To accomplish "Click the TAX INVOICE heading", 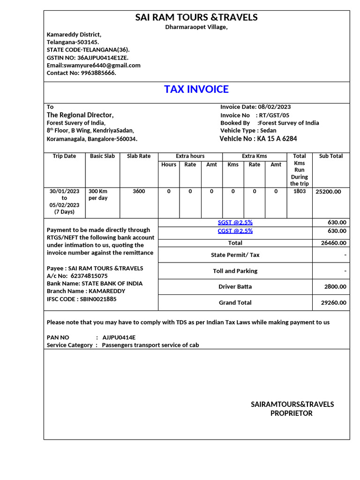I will point(196,89).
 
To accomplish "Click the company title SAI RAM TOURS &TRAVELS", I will point(196,17).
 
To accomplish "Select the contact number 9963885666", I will point(98,73).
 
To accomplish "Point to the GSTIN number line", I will point(87,57).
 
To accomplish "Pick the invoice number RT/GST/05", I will point(274,115).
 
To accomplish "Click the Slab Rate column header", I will point(139,156).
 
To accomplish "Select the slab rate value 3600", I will point(139,191).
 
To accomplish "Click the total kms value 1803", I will point(299,191).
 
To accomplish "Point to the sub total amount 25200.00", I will point(328,192).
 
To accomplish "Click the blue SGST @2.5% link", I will point(235,223).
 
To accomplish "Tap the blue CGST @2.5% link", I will point(235,231).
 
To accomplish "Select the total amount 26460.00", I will point(333,243).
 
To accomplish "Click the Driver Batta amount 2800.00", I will point(335,286).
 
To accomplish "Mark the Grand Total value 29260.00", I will point(333,303).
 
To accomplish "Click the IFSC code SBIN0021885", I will point(98,299).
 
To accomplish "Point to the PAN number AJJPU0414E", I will point(119,337).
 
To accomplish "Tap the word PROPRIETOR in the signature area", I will point(291,413).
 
